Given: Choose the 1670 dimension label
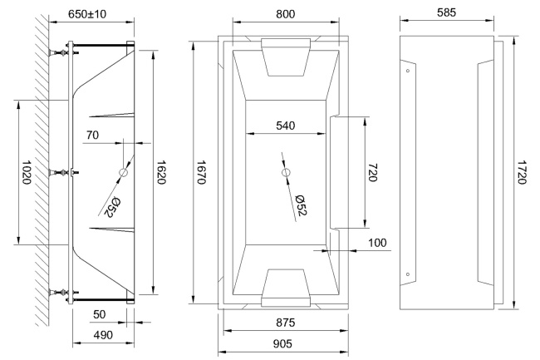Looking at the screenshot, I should tap(202, 172).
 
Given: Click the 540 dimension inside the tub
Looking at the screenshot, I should tap(285, 126).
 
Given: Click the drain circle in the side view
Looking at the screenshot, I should tap(124, 172).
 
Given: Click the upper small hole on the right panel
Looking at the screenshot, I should tap(407, 71).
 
